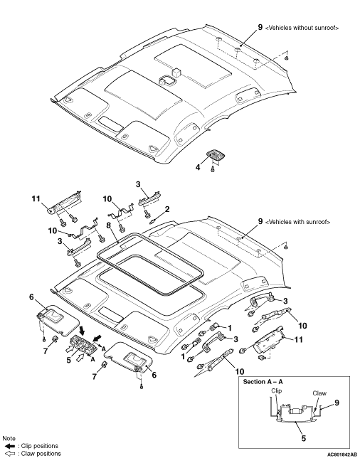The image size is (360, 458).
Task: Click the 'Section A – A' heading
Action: (x=263, y=382)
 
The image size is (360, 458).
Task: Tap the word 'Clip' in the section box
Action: (x=277, y=390)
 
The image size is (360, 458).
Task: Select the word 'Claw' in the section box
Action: (x=319, y=393)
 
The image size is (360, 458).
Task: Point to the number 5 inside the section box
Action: (x=303, y=438)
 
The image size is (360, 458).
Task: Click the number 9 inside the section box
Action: (x=337, y=403)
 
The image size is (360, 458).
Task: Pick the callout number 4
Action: (x=198, y=167)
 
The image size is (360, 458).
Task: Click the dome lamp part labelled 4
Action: (x=216, y=154)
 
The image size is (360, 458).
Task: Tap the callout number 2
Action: (x=167, y=209)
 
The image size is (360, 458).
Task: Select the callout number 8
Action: (x=109, y=225)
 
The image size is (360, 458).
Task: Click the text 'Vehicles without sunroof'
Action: (x=302, y=28)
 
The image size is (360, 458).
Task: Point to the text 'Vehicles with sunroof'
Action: (x=298, y=222)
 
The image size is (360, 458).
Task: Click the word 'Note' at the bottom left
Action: (x=9, y=438)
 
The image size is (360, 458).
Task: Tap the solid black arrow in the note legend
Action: (x=10, y=446)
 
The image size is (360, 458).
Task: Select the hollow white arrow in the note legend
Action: (x=10, y=454)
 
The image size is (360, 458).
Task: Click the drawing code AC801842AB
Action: (x=342, y=454)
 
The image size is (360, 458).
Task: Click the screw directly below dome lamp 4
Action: (x=213, y=169)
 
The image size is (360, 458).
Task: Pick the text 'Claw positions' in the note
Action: (x=41, y=454)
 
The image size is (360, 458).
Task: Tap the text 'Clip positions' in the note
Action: (x=40, y=446)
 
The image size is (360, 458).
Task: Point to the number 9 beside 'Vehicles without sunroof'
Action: (x=260, y=27)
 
